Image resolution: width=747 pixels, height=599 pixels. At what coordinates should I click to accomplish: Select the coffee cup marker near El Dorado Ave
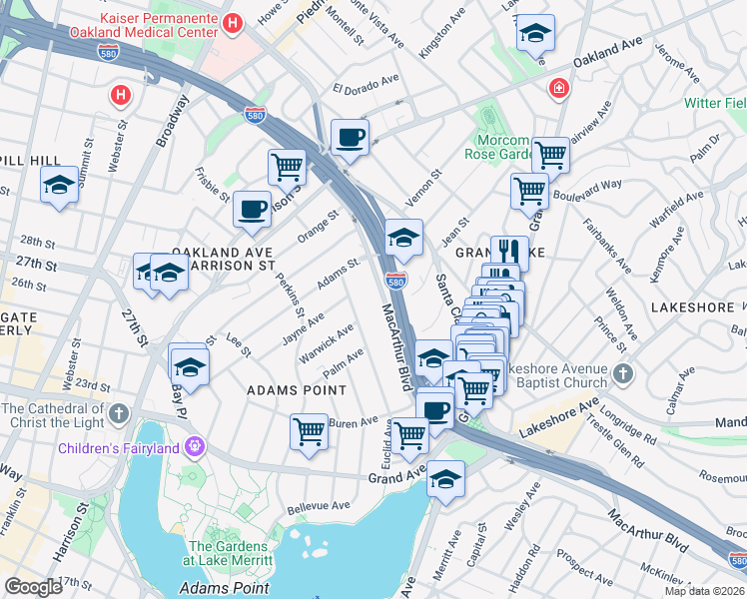tap(350, 138)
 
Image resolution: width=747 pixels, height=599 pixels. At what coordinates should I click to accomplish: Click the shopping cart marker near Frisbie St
tap(287, 166)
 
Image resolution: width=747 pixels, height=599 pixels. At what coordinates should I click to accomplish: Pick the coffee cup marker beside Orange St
tap(252, 210)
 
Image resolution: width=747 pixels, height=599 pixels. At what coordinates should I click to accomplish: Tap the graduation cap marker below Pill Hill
tap(59, 186)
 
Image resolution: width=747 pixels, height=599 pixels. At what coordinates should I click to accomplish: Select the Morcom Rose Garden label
tap(502, 147)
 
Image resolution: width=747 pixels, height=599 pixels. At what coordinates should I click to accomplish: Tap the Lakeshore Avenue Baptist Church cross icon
tap(623, 374)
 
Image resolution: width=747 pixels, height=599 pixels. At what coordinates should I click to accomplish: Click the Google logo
tap(34, 587)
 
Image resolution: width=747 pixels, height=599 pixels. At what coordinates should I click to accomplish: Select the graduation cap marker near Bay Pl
tap(188, 363)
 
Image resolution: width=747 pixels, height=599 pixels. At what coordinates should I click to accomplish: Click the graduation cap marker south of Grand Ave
tap(446, 480)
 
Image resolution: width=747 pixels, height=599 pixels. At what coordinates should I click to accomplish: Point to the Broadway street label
tap(173, 121)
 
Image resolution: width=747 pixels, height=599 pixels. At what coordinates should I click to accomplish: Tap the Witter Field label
tap(715, 103)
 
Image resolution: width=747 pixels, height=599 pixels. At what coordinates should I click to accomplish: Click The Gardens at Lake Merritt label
tap(228, 553)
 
